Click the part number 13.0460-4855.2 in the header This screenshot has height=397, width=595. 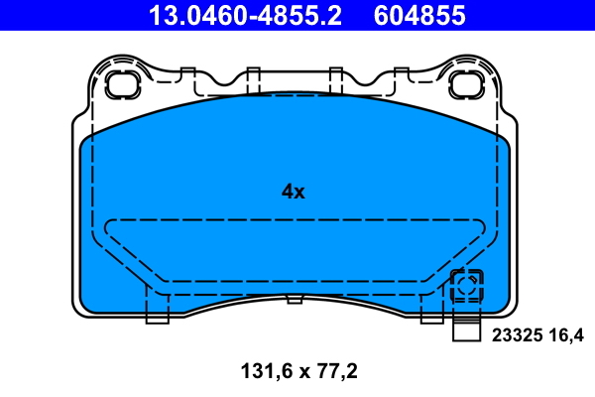(x=244, y=15)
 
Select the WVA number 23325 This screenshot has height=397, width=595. (x=516, y=335)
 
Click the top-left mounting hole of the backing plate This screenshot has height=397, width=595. (x=124, y=84)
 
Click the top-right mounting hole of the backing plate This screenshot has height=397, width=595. (x=462, y=84)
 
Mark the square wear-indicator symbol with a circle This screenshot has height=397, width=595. (x=466, y=288)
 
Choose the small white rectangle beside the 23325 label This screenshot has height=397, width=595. (x=466, y=334)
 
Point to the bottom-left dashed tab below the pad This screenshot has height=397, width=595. (x=157, y=311)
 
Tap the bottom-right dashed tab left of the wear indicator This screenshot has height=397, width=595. (x=431, y=311)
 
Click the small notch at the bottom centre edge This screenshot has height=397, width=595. (x=294, y=299)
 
